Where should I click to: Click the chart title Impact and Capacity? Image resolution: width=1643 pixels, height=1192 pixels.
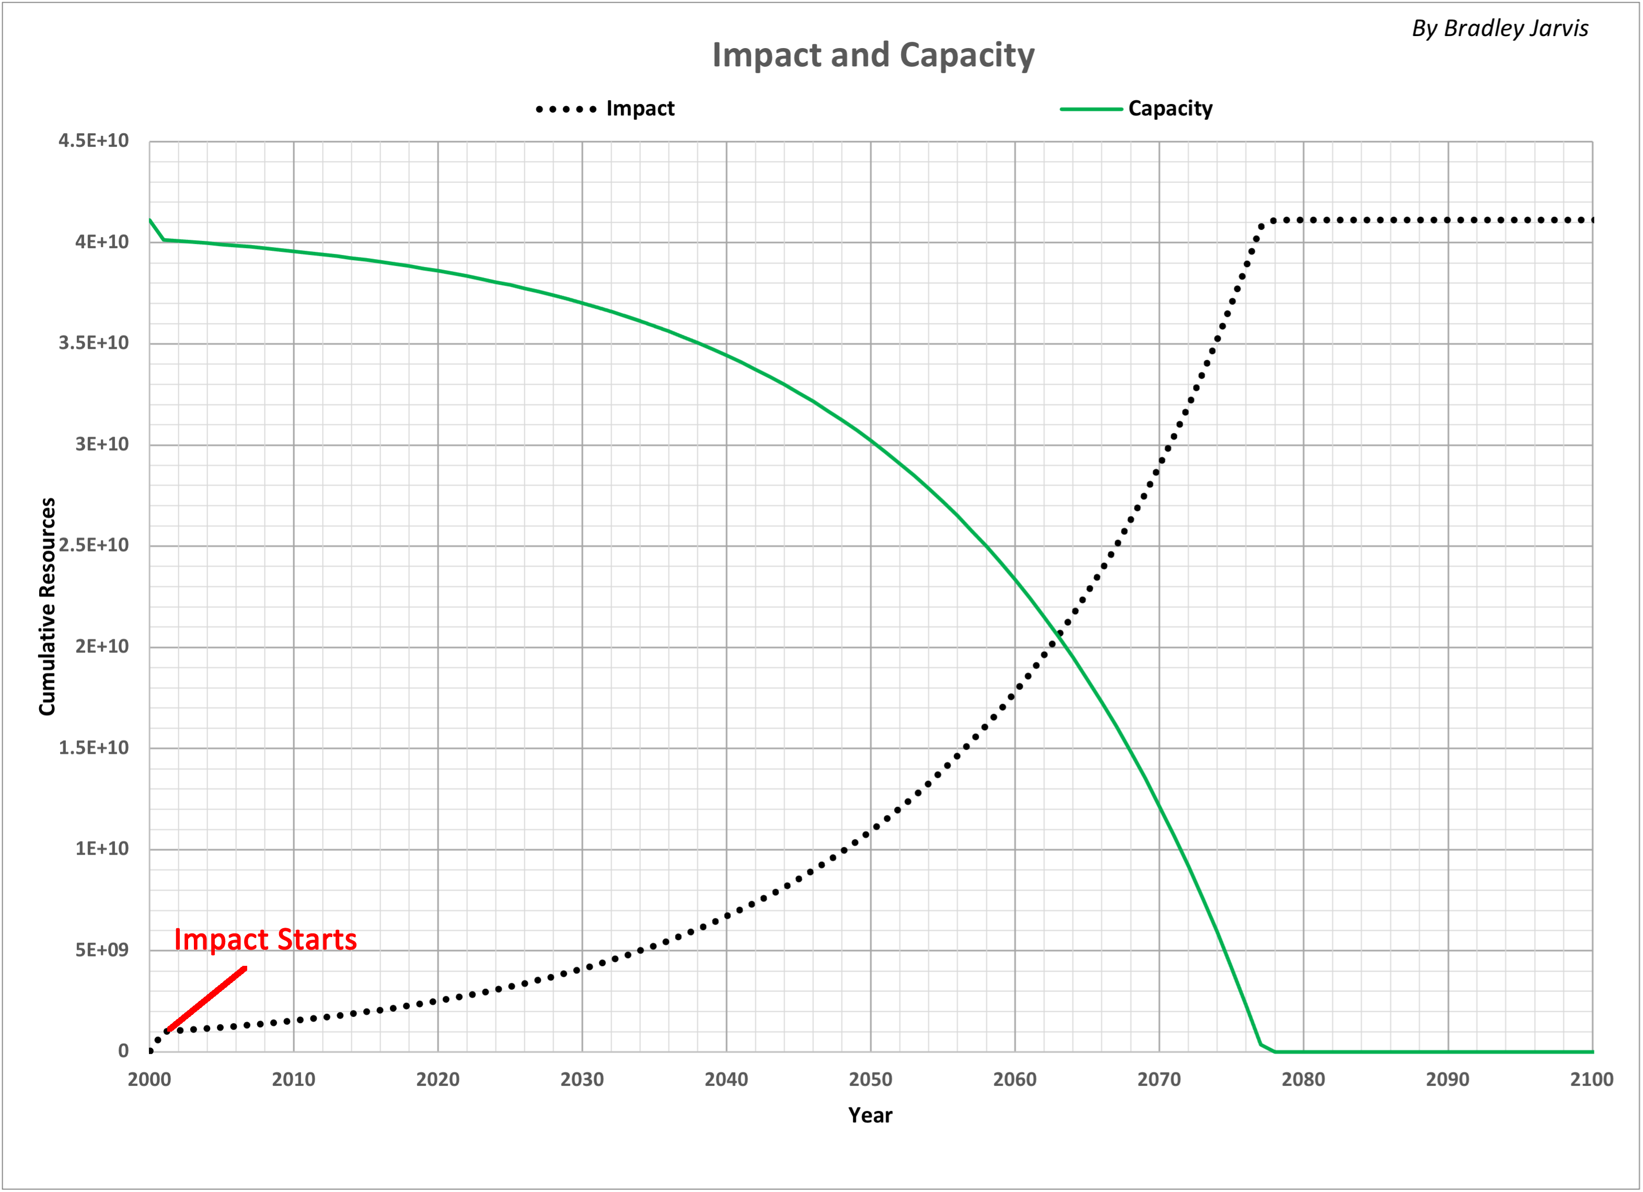(873, 55)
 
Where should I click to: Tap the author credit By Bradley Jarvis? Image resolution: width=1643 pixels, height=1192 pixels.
(1500, 28)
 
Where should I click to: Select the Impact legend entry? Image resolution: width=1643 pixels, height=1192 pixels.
(605, 109)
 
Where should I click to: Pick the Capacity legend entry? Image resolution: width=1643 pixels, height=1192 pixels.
(1137, 109)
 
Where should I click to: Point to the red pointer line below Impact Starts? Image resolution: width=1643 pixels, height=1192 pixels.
(206, 999)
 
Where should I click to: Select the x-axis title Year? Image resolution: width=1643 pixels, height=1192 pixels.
(870, 1115)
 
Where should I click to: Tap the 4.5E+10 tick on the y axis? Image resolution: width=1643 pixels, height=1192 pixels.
(94, 141)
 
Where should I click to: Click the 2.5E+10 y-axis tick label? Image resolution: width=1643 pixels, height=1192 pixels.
(94, 545)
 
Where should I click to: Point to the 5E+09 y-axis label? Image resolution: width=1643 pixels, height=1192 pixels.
(101, 950)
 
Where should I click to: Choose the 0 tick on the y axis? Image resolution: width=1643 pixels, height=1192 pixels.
(123, 1051)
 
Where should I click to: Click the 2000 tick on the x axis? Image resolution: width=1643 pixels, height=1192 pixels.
(149, 1080)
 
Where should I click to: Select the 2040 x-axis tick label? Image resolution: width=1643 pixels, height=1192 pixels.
(726, 1080)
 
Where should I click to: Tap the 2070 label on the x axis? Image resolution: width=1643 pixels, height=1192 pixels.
(1159, 1080)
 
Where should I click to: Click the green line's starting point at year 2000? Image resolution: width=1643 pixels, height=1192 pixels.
(150, 219)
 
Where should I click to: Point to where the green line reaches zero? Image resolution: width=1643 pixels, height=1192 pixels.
(1275, 1051)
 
